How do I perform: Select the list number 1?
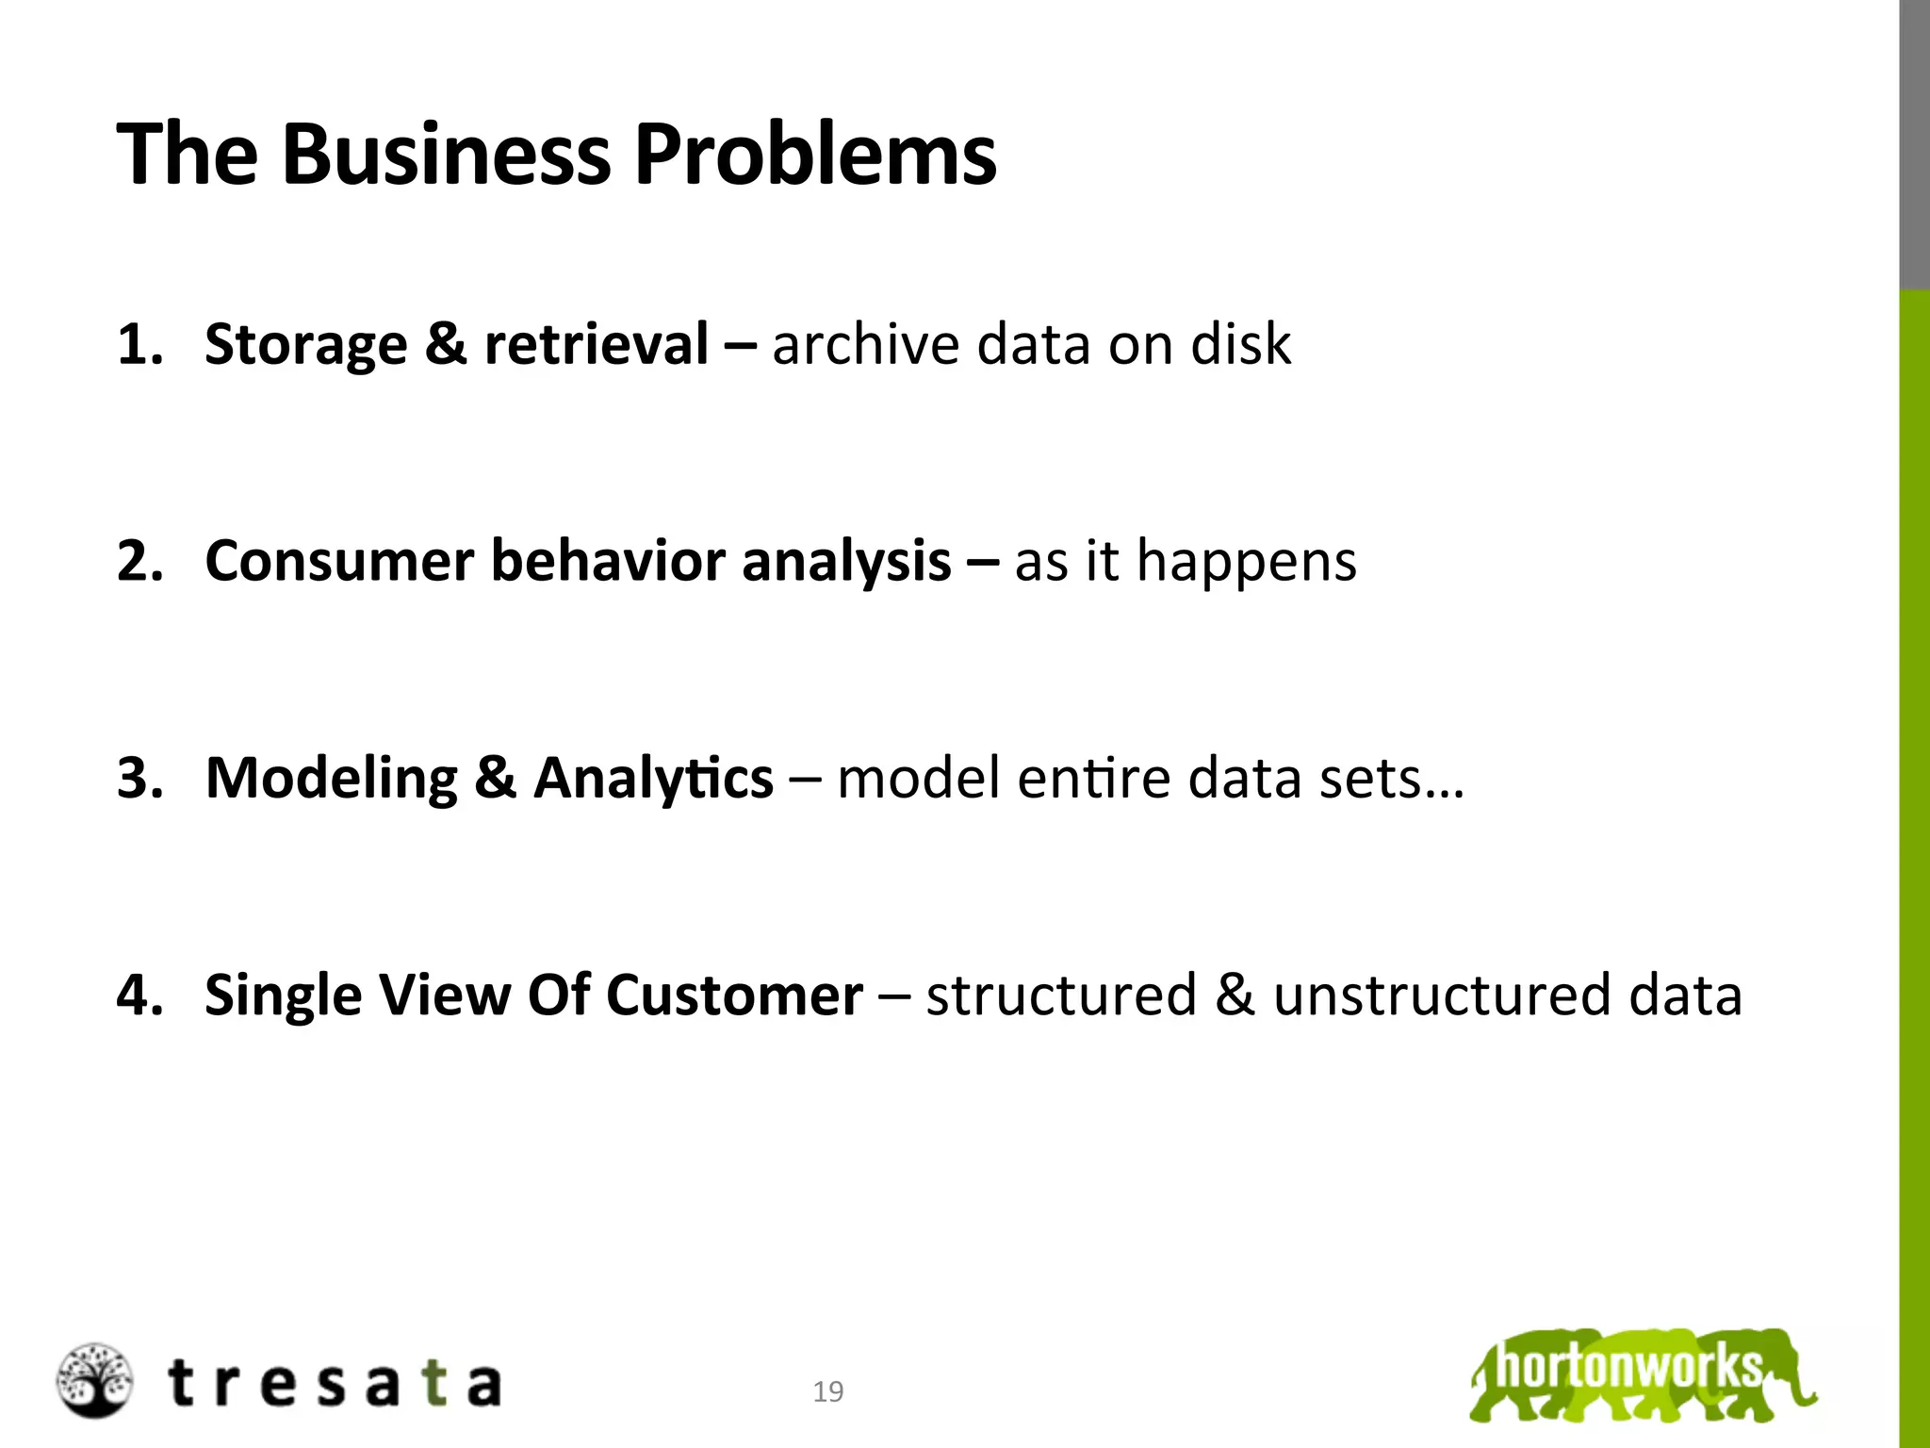(138, 344)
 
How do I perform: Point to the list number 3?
(138, 779)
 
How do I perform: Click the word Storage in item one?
(305, 345)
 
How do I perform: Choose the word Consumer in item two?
(339, 561)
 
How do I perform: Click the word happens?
(1246, 563)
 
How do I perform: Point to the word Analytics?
(653, 780)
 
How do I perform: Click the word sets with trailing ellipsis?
(1391, 780)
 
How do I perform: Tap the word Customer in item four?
(734, 995)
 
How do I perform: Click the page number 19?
(828, 1391)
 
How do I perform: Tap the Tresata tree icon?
(94, 1381)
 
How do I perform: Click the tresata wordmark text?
(335, 1384)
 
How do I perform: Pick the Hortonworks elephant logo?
(1642, 1374)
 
